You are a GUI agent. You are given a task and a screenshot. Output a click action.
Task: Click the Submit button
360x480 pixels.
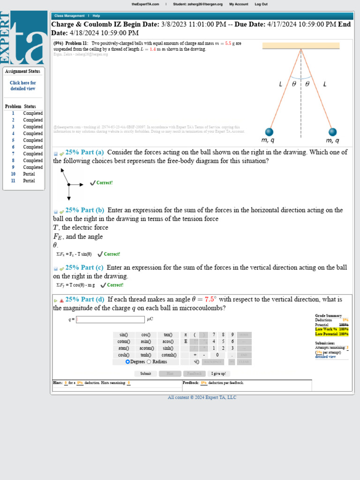point(145,374)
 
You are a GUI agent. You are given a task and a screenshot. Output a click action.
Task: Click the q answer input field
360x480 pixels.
point(111,320)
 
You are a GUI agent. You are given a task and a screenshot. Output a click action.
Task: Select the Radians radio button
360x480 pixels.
point(149,362)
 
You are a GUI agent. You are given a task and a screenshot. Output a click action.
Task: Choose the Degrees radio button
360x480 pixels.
point(127,362)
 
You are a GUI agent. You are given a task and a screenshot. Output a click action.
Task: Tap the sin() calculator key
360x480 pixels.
point(124,335)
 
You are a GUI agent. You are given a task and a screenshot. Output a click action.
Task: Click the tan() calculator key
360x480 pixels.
point(168,335)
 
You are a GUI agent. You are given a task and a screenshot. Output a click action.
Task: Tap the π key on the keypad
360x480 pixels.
point(186,335)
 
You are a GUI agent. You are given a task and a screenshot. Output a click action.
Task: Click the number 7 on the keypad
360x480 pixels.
point(214,335)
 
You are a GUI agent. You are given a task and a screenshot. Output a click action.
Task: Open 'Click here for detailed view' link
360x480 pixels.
point(23,86)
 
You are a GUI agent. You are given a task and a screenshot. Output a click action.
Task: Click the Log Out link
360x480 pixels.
point(261,4)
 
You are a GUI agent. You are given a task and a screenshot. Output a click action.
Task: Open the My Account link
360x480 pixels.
point(239,4)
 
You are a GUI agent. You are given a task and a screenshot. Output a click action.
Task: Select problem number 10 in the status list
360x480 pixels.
point(13,174)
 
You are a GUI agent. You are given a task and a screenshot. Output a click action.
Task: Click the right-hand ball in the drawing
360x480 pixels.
point(332,132)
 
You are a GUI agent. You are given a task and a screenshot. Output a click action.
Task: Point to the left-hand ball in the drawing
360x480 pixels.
point(269,132)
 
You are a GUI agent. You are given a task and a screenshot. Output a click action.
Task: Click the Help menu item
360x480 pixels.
point(96,16)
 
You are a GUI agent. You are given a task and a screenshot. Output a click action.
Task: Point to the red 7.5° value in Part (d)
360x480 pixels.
point(210,299)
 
